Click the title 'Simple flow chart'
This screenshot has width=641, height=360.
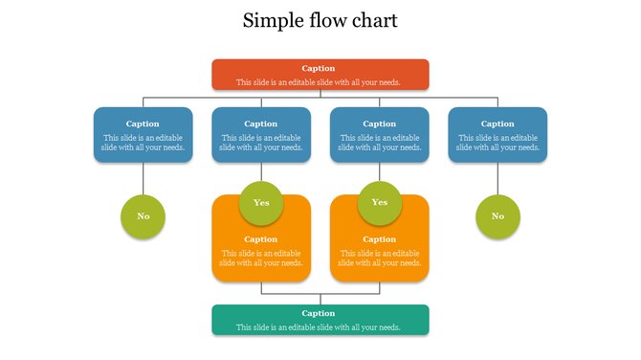320,20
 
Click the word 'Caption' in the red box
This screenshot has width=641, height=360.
319,68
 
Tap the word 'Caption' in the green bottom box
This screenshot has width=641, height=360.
319,313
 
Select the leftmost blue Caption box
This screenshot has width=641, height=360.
143,135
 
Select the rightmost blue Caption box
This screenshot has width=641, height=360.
497,135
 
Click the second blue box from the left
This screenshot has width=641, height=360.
261,135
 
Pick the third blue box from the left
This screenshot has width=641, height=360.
379,135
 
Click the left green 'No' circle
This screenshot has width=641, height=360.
143,216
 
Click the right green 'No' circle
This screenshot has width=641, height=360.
497,216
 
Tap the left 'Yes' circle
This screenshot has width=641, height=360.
261,203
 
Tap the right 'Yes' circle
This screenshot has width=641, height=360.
379,203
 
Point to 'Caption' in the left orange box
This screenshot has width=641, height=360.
261,239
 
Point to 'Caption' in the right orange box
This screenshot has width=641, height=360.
379,239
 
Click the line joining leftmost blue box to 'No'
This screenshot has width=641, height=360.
143,178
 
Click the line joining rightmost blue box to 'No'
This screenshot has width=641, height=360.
497,178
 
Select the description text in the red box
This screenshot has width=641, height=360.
319,82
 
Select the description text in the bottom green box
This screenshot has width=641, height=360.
319,327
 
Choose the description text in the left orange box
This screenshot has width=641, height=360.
261,258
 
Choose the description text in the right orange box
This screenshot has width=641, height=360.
379,258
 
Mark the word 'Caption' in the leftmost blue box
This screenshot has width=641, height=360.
143,124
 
